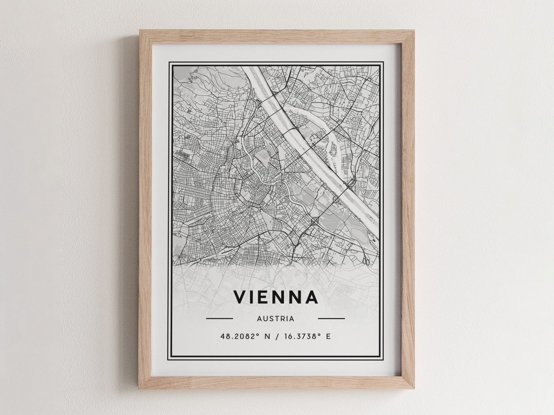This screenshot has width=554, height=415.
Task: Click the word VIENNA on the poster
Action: pyautogui.click(x=276, y=297)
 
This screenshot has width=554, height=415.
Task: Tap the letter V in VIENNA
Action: pyautogui.click(x=240, y=297)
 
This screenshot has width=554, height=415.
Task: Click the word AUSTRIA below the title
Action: pyautogui.click(x=276, y=319)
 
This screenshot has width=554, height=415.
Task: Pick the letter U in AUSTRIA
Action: pyautogui.click(x=265, y=319)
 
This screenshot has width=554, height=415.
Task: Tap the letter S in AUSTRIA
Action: pyautogui.click(x=271, y=319)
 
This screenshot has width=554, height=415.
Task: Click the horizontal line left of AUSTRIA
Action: pyautogui.click(x=219, y=319)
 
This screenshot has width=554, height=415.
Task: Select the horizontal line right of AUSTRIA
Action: pyautogui.click(x=331, y=319)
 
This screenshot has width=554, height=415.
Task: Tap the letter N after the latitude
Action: pyautogui.click(x=266, y=337)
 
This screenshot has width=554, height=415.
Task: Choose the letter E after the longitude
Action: pyautogui.click(x=328, y=337)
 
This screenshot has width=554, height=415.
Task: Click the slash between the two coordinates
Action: pyautogui.click(x=277, y=337)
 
